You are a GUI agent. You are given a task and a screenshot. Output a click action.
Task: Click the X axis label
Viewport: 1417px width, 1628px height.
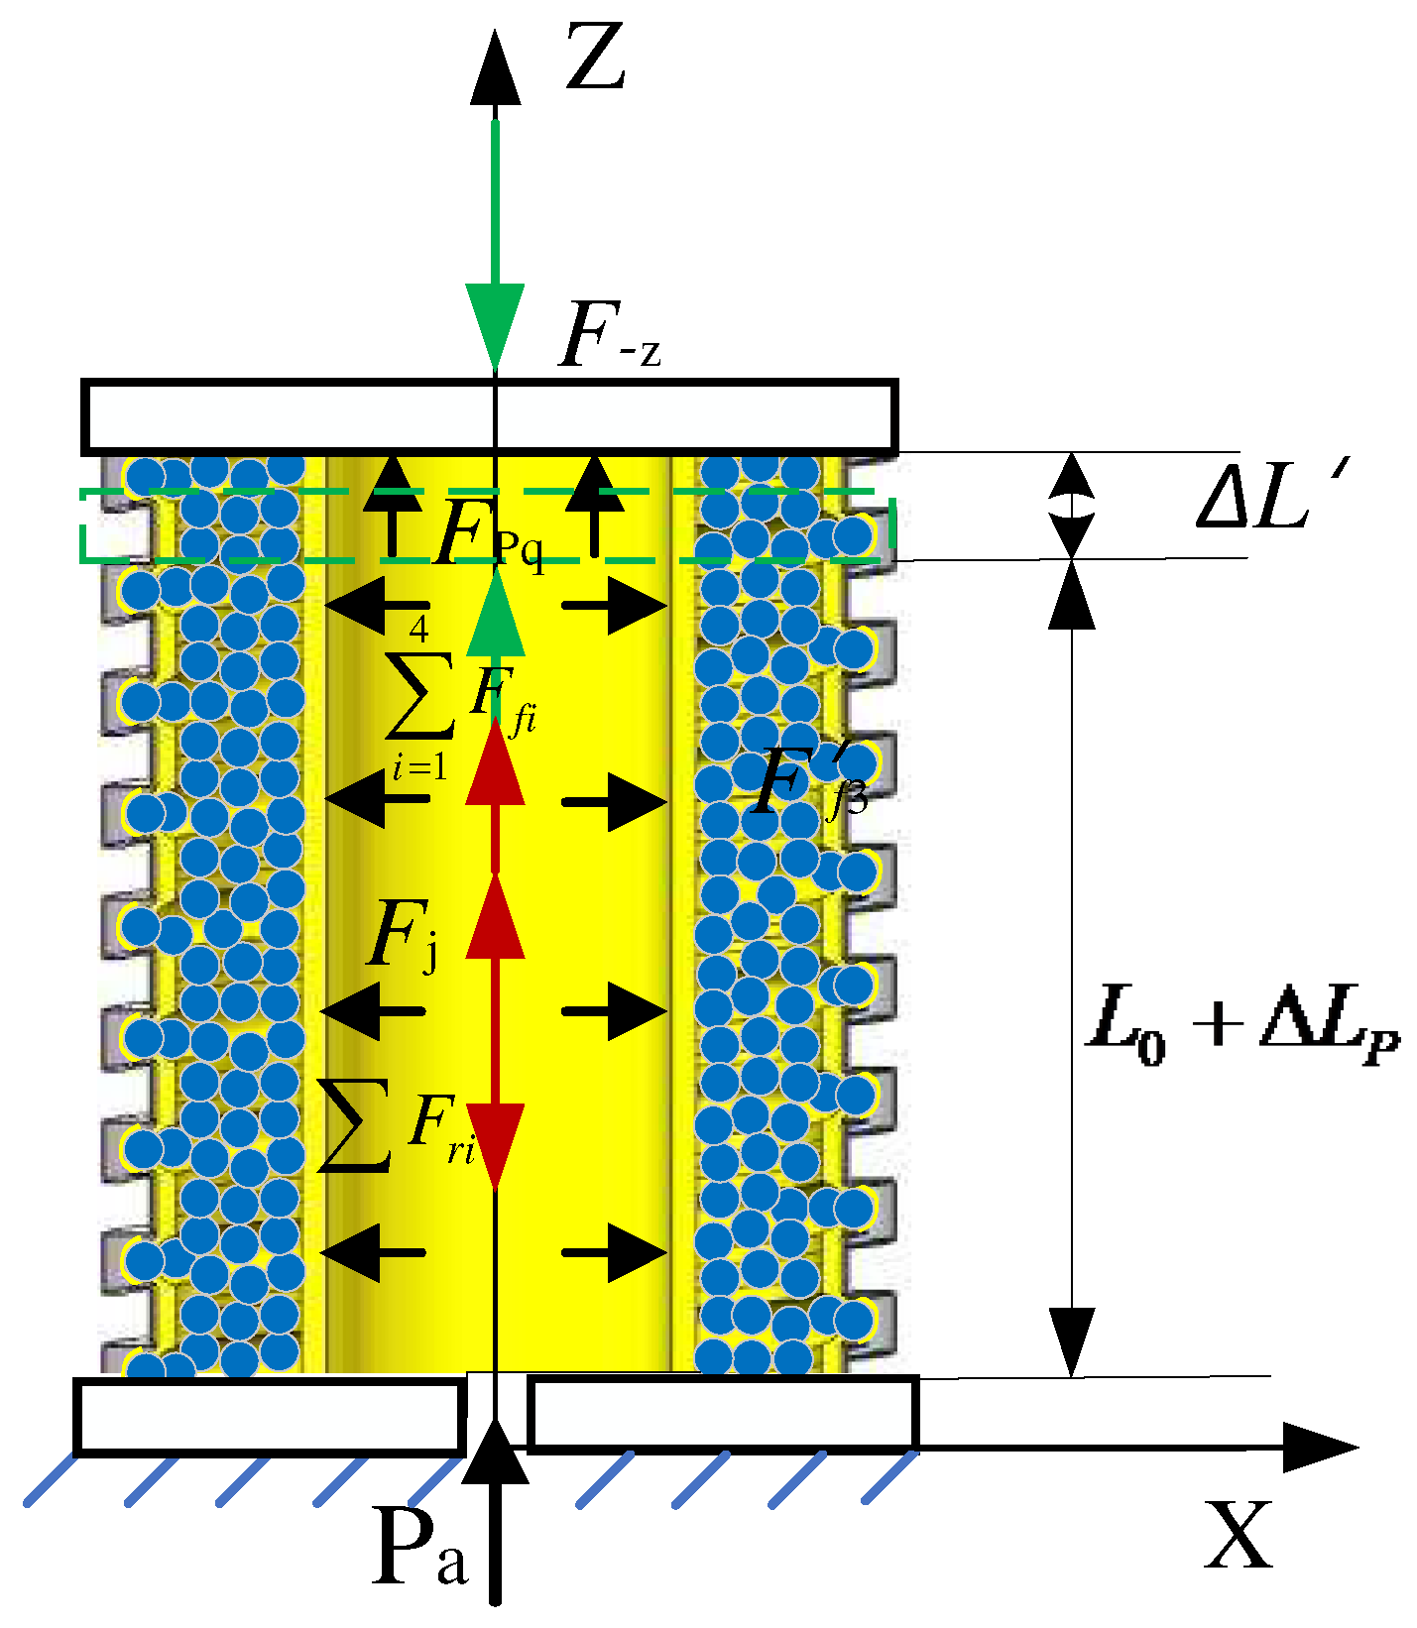click(1239, 1535)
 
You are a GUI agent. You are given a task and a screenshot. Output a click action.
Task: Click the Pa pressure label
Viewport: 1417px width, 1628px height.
click(419, 1548)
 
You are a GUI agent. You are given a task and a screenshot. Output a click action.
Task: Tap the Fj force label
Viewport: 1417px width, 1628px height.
click(402, 936)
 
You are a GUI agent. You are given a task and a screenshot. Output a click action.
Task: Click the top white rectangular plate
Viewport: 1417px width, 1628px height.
click(490, 415)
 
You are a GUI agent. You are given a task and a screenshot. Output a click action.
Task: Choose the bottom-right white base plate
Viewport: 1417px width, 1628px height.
click(723, 1413)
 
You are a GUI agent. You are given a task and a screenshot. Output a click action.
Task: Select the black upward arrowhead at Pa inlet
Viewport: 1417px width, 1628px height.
click(495, 1453)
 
